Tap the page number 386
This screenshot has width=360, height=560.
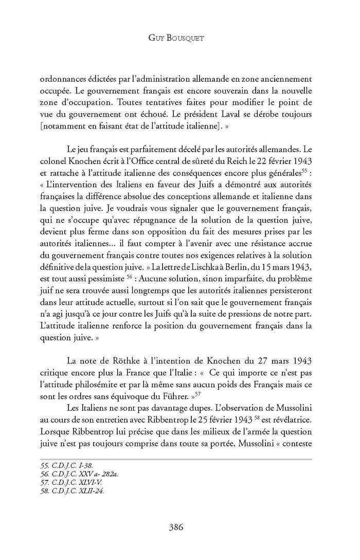point(179,527)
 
